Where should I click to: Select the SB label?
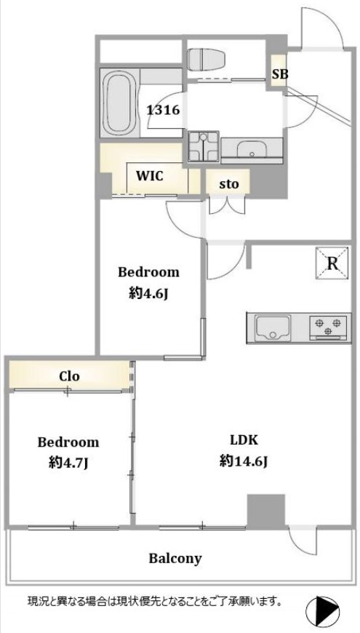pos(279,74)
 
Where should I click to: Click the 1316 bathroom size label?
pos(163,110)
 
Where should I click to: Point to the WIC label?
pos(149,175)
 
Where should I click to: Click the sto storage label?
pos(229,185)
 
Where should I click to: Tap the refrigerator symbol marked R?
pos(332,263)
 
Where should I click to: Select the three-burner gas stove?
pos(328,327)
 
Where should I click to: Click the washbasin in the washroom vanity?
pos(252,149)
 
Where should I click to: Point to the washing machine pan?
pos(204,146)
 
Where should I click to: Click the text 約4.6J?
pos(148,294)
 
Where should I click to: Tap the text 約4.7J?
pos(68,463)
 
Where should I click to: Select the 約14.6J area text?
pos(244,461)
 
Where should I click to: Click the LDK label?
pos(244,439)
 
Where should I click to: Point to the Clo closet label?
pos(69,376)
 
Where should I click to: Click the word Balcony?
pos(175,559)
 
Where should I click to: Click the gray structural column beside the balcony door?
pos(266,510)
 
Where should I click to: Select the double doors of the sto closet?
pos(227,205)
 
